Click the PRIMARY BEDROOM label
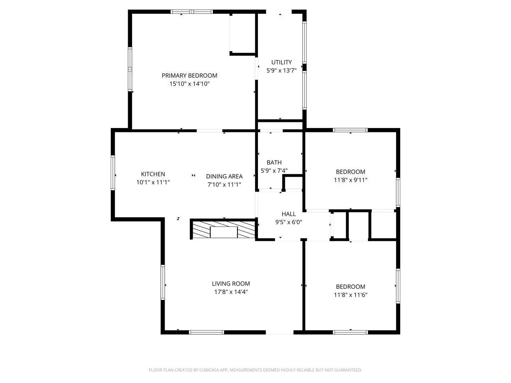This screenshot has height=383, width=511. (x=189, y=76)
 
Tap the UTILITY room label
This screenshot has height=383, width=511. (x=281, y=62)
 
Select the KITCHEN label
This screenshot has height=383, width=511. (x=153, y=174)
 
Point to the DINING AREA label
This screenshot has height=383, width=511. (x=224, y=176)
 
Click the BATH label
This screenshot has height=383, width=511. (x=274, y=162)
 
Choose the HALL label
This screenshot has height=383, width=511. (x=289, y=214)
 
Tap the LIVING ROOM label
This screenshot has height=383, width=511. (x=231, y=284)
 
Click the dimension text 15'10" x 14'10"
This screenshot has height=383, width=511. (x=189, y=84)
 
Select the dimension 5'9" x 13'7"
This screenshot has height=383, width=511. (x=281, y=71)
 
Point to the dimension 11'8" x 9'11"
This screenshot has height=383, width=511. (x=350, y=180)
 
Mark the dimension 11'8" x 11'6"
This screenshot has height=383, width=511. (x=350, y=295)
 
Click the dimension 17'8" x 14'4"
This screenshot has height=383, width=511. (x=231, y=292)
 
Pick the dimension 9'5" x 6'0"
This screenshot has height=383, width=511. (x=289, y=222)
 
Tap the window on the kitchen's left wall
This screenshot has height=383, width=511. (x=113, y=173)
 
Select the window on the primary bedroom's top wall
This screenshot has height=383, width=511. (x=192, y=12)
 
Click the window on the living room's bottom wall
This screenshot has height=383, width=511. (x=206, y=332)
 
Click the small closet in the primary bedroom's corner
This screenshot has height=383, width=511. (x=242, y=34)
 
